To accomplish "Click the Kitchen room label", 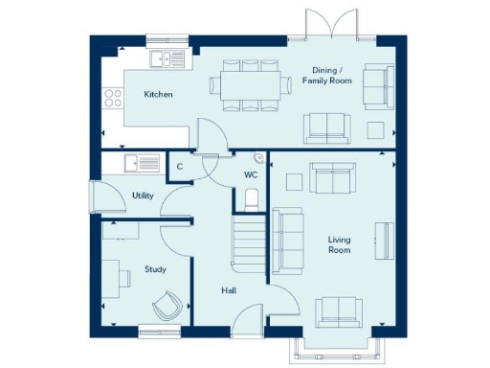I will tap(157, 95).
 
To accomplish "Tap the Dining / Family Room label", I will tap(332, 76).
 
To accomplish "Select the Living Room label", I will tap(339, 244).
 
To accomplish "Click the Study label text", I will tap(155, 269).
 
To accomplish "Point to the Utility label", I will tap(143, 195).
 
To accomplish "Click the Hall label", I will tap(227, 290).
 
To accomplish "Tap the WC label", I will tap(251, 175).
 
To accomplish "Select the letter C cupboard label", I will tap(180, 167).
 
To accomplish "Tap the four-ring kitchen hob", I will tap(112, 97).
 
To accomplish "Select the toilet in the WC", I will tap(252, 198).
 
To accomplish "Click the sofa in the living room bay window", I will tap(339, 310).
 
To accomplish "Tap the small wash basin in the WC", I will tap(258, 157).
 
